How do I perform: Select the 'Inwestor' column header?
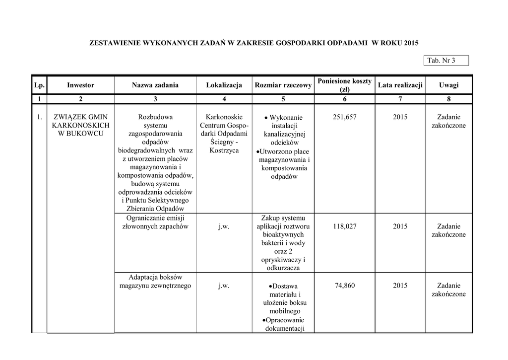(80, 85)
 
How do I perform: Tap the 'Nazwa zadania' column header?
(155, 85)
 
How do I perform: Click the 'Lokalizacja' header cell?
(224, 85)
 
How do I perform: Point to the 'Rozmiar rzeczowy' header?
(283, 85)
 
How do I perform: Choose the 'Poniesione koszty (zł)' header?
(344, 85)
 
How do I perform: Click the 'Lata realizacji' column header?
(400, 85)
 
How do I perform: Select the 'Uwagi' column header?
(448, 85)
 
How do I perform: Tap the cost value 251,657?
(344, 117)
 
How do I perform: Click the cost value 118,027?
(344, 226)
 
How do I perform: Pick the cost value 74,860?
(344, 286)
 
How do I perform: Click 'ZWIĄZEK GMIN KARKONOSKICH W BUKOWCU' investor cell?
(80, 126)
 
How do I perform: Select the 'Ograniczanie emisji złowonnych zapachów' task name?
(155, 222)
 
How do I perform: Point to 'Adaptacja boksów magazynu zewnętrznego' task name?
(155, 281)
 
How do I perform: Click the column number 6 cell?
(344, 99)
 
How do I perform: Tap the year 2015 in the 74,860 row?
(400, 286)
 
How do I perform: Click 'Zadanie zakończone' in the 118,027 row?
(448, 230)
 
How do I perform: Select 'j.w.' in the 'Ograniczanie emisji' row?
(224, 226)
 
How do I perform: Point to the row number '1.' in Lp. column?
(39, 117)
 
